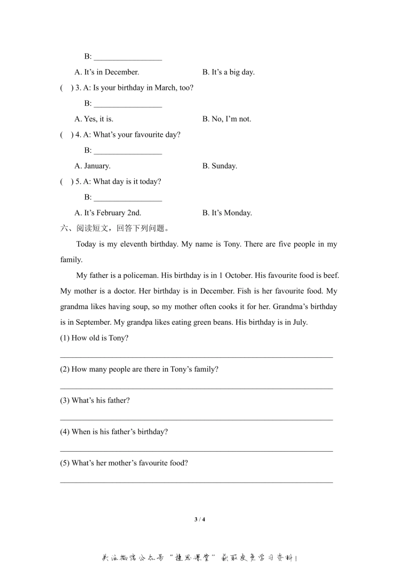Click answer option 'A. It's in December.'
[107, 72]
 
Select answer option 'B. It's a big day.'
[228, 72]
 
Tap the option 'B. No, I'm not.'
[227, 119]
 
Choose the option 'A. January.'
[93, 166]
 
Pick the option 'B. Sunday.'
[220, 166]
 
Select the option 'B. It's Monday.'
[227, 213]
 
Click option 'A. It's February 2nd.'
[108, 213]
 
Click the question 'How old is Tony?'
[100, 338]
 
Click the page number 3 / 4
[200, 519]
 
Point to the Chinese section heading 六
[64, 229]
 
